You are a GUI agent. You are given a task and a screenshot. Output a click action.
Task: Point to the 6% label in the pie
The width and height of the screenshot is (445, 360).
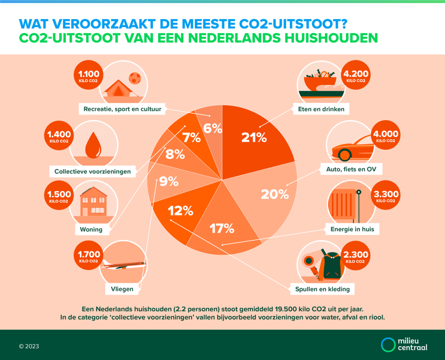213,129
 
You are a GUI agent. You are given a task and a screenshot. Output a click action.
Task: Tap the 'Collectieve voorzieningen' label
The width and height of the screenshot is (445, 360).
93,171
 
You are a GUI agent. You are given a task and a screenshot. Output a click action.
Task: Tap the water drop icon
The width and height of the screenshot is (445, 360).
92,145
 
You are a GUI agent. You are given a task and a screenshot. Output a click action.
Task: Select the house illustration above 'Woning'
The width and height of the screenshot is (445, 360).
93,202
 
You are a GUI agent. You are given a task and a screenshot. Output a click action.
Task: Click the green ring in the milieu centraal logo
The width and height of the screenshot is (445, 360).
388,344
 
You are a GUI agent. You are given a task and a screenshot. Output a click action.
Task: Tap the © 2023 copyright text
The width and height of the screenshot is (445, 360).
29,346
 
